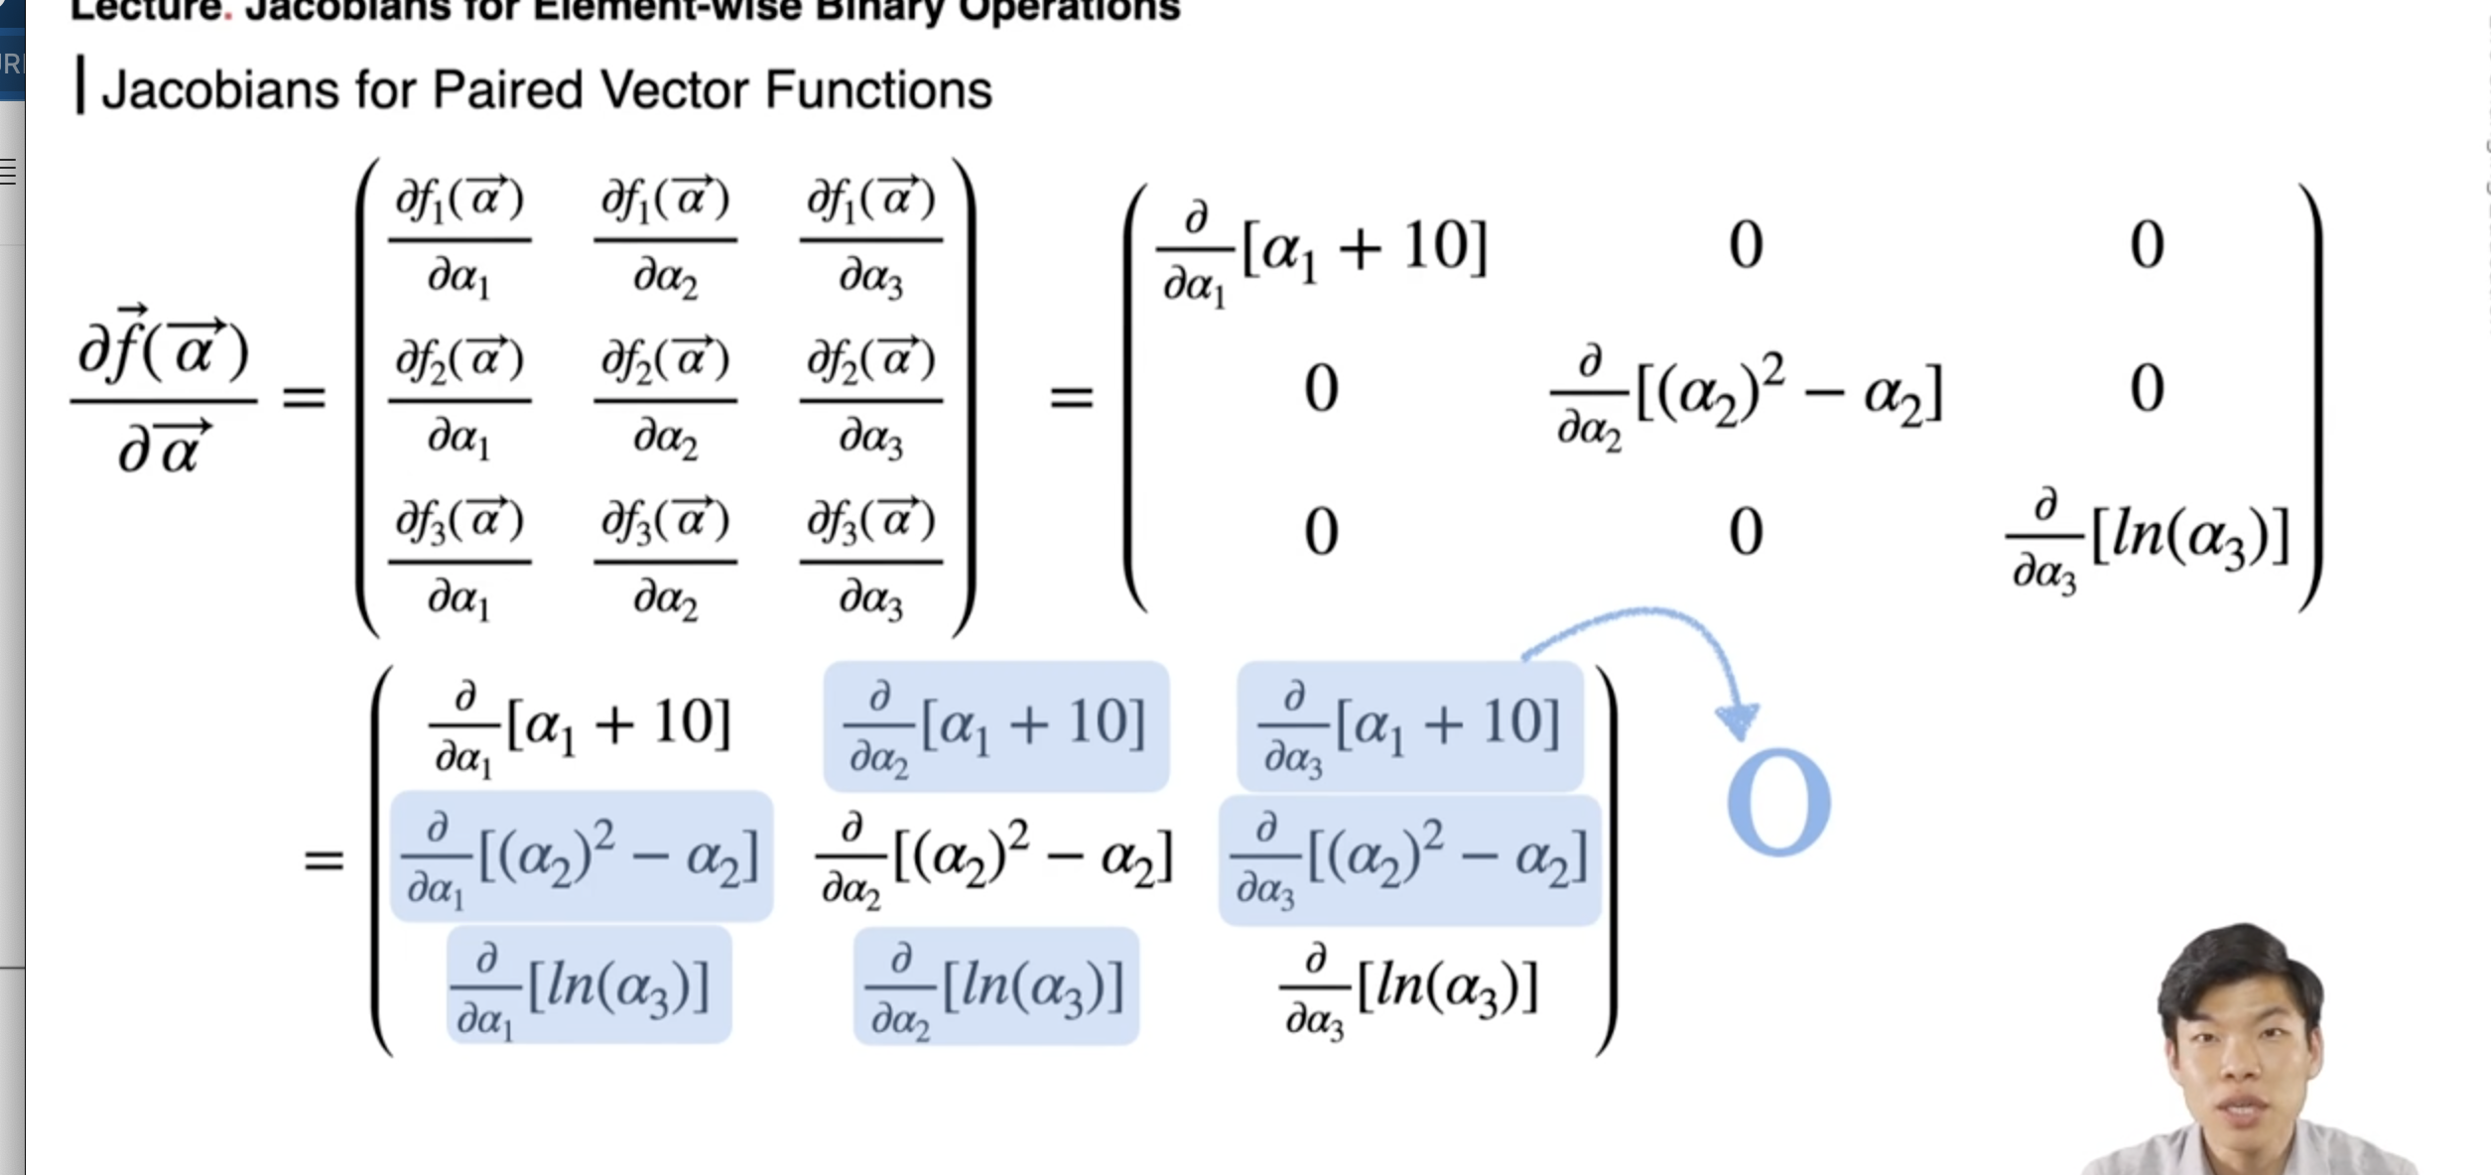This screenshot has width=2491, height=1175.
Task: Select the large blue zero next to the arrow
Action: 1778,802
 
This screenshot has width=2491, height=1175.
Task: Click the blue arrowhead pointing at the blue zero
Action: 1737,719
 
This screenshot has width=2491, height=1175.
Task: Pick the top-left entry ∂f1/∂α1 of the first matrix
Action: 459,239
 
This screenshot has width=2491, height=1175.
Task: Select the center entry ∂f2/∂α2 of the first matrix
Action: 665,400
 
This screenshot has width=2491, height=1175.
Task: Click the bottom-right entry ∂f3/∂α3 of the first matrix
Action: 870,561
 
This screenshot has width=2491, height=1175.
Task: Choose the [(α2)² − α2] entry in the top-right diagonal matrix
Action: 1747,395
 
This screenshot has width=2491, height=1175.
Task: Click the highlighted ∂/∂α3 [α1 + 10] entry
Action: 1409,727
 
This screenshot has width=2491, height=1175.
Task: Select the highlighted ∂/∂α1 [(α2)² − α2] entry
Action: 582,857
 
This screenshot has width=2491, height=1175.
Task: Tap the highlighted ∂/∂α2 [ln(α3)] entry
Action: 996,988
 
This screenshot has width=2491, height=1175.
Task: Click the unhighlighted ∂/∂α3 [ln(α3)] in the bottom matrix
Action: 1410,992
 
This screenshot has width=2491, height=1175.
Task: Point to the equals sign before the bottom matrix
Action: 324,859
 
